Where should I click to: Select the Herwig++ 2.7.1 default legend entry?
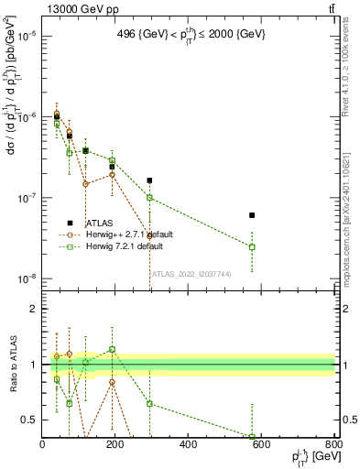pos(128,234)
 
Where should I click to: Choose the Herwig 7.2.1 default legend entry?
pos(125,246)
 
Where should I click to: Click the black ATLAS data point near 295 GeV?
pos(150,180)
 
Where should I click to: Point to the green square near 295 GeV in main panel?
pos(150,198)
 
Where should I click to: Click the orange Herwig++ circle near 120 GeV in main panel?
pos(85,183)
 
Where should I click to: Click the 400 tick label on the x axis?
pos(188,444)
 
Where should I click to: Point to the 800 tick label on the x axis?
pos(333,444)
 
